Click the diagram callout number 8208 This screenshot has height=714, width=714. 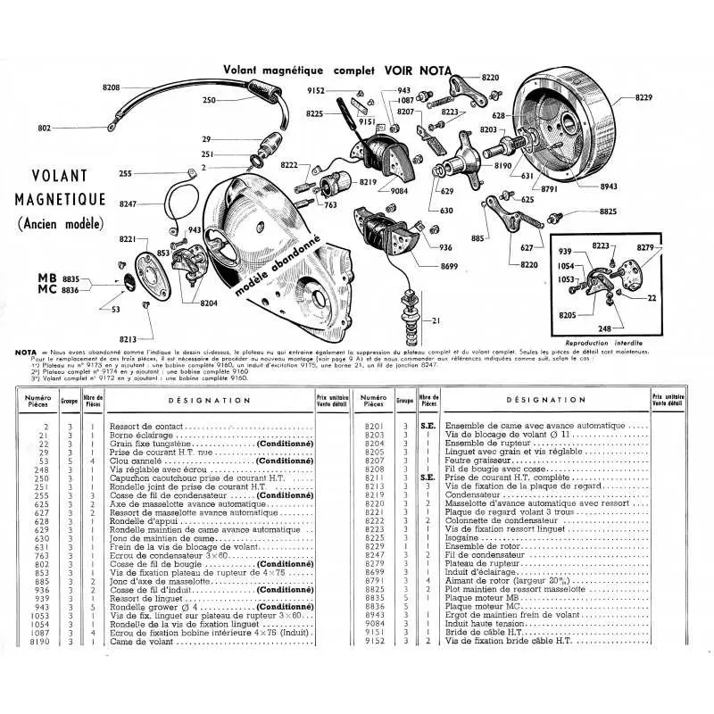[x=111, y=87]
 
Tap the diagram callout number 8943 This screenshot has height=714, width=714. [x=610, y=187]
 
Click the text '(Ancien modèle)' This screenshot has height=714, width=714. [x=61, y=224]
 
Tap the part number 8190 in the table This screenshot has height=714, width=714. [x=38, y=642]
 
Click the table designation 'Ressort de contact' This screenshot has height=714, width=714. [x=144, y=428]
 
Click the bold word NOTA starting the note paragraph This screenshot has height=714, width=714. [x=26, y=352]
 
